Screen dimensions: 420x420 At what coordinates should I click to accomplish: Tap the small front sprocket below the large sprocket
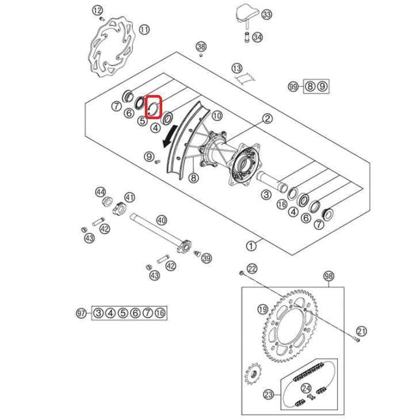pos(253,373)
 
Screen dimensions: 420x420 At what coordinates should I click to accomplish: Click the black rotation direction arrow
pos(170,136)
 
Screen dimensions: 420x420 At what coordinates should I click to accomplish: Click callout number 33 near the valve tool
pos(266,14)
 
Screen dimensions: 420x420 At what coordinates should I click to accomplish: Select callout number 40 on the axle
pos(162,221)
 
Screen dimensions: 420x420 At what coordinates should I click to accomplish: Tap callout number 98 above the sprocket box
pos(329,276)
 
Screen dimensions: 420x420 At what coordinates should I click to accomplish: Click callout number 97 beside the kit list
pos(82,313)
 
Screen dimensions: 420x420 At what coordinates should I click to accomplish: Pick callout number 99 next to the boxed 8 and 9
pos(293,86)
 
